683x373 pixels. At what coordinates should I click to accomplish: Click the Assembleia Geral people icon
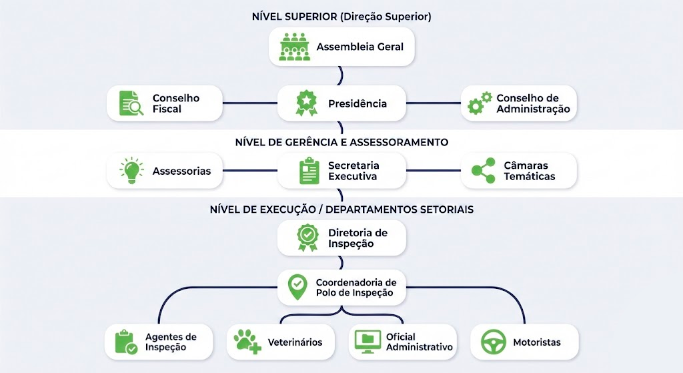point(294,47)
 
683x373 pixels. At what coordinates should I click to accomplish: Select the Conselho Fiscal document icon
point(131,103)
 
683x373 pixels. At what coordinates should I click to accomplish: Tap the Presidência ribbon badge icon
point(307,103)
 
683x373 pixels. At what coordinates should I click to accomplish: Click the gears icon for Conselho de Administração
point(480,103)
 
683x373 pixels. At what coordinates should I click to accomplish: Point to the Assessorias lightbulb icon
point(131,171)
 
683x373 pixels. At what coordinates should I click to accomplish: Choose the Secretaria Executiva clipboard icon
point(309,171)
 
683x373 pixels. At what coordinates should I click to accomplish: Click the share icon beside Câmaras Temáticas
point(483,171)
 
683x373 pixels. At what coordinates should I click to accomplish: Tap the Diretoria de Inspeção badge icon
point(307,238)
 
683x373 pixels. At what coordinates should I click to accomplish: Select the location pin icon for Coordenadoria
point(297,287)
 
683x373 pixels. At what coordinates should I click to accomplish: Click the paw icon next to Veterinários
point(247,342)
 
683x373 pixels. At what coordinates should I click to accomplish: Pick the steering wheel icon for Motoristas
point(494,342)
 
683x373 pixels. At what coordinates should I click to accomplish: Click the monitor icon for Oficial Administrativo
point(368,342)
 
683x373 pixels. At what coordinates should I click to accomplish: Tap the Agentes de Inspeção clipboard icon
point(125,342)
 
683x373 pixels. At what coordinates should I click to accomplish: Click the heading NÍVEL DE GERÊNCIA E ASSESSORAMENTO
point(341,142)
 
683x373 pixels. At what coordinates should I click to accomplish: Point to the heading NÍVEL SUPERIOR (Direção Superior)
point(341,17)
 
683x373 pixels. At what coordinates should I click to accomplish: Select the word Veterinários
point(295,342)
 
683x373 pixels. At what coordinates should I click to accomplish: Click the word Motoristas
point(536,342)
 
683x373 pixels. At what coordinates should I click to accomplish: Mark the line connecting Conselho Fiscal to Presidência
point(249,103)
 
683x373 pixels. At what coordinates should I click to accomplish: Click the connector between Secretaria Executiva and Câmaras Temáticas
point(434,171)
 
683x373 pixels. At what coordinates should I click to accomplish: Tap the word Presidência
point(357,103)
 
